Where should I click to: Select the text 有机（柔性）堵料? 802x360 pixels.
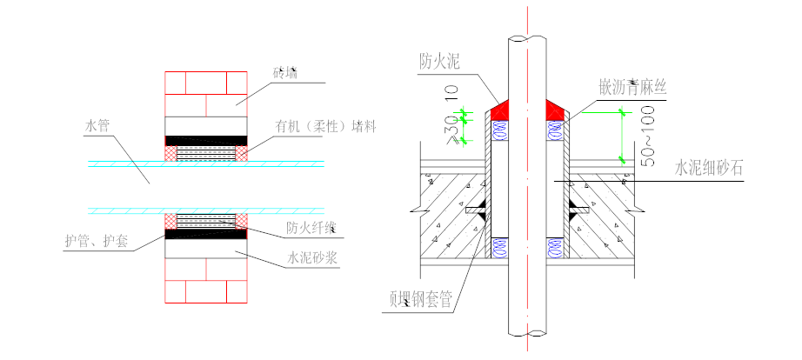click(315, 124)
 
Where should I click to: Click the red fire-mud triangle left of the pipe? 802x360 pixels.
click(499, 110)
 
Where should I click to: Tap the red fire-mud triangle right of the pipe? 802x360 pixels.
click(554, 110)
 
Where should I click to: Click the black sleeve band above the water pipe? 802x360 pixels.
click(206, 140)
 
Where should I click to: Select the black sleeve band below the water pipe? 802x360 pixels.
click(206, 233)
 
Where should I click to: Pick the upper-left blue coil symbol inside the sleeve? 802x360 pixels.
click(500, 131)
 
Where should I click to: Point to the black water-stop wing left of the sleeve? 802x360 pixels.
click(475, 210)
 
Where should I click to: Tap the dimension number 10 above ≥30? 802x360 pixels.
click(450, 91)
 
